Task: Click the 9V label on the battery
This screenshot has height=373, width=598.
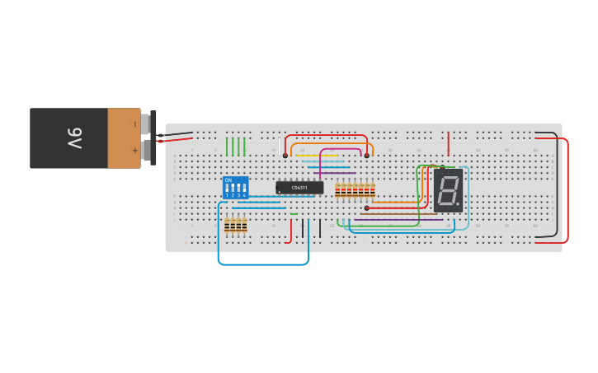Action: click(74, 138)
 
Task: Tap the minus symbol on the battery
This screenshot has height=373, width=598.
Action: click(134, 124)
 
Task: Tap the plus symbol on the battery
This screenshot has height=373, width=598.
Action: click(134, 151)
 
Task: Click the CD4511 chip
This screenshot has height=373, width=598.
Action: click(299, 188)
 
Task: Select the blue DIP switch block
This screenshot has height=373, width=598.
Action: click(236, 188)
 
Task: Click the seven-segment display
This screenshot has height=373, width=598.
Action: click(448, 190)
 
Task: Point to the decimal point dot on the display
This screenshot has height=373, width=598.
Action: click(456, 203)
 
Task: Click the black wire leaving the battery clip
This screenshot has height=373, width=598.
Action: click(177, 133)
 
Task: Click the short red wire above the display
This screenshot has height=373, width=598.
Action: click(449, 143)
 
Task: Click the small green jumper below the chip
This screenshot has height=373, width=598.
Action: click(294, 214)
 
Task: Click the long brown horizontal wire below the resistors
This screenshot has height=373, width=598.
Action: click(396, 214)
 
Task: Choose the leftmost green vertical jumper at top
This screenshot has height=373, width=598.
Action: click(227, 147)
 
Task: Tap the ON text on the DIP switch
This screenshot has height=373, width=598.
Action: click(228, 180)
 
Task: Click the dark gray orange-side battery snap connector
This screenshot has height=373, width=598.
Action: click(153, 138)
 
